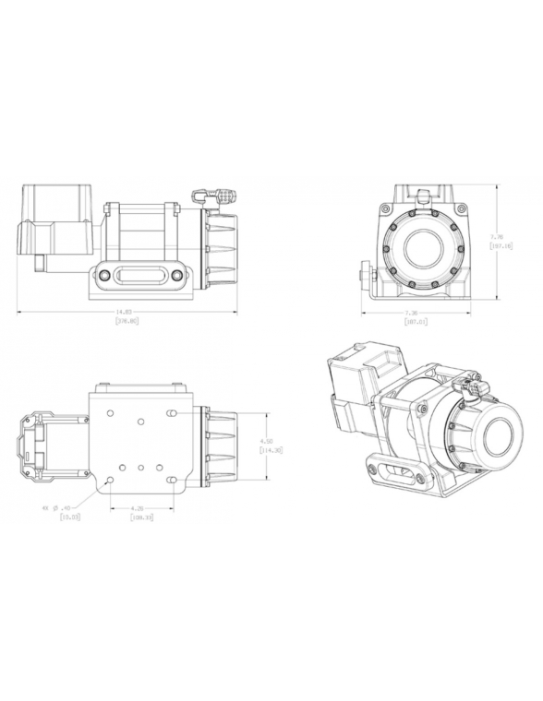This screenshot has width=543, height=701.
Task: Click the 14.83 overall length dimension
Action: coord(122,313)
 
